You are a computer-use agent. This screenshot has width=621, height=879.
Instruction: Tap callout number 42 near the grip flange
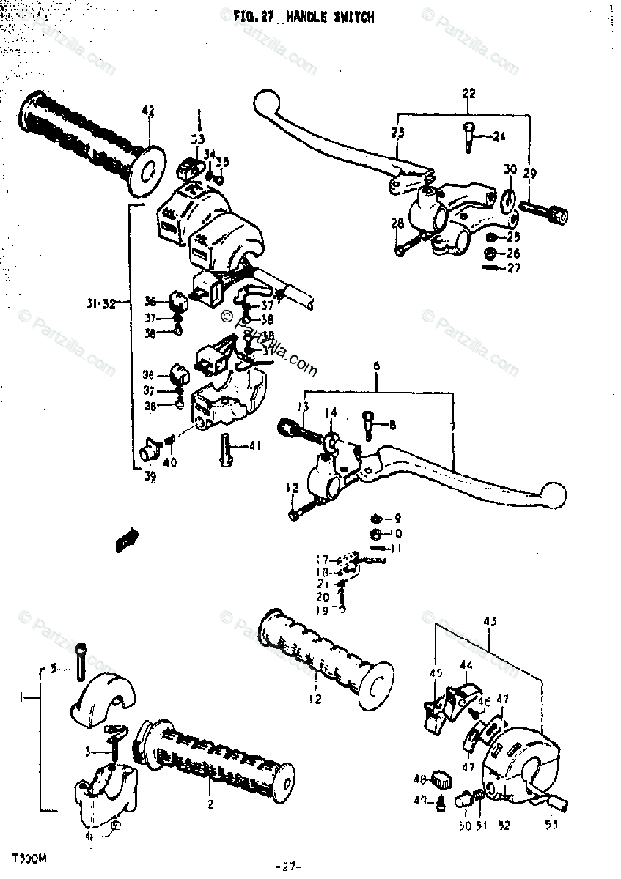coord(148,111)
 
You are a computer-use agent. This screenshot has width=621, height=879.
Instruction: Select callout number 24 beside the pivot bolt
coord(499,136)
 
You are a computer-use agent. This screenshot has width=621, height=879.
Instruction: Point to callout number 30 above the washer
coord(510,169)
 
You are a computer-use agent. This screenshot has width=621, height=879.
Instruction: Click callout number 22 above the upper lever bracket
coord(469,93)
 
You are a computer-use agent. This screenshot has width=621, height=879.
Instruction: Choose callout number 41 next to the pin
coord(254,445)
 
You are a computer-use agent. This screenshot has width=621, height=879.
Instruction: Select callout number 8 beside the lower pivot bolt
coord(392,424)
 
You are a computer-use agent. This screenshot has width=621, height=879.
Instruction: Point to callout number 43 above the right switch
coord(490,622)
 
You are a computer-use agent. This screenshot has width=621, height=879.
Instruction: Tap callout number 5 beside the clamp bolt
coord(53,667)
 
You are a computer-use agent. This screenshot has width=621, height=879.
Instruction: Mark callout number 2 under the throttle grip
coord(210,804)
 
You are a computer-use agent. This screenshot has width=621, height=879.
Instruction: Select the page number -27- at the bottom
coord(289,867)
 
